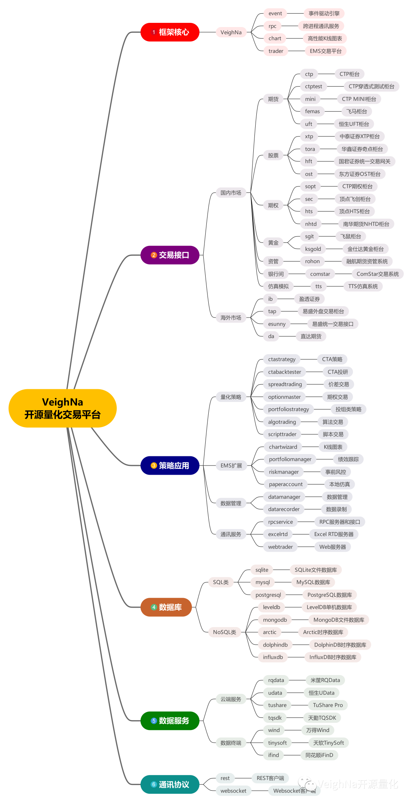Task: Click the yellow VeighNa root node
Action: pyautogui.click(x=62, y=408)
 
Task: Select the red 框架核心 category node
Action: pyautogui.click(x=170, y=32)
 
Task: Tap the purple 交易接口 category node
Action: pyautogui.click(x=170, y=255)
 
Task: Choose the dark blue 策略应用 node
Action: pyautogui.click(x=170, y=465)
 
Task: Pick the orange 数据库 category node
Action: pyautogui.click(x=166, y=607)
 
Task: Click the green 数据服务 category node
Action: pyautogui.click(x=170, y=721)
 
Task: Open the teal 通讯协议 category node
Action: pyautogui.click(x=170, y=785)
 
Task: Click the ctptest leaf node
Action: pyautogui.click(x=314, y=87)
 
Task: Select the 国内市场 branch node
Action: pyautogui.click(x=231, y=193)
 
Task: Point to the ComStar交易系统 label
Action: pyautogui.click(x=377, y=274)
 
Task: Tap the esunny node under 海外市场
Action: pyautogui.click(x=277, y=324)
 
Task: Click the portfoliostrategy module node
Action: pyautogui.click(x=288, y=409)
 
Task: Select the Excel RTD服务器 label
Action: pyautogui.click(x=333, y=534)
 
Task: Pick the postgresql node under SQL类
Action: pyautogui.click(x=268, y=595)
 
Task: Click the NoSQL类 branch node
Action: pyautogui.click(x=224, y=632)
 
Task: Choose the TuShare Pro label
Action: pyautogui.click(x=328, y=705)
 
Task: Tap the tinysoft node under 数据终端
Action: pyautogui.click(x=277, y=743)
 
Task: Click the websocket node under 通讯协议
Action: pyautogui.click(x=233, y=791)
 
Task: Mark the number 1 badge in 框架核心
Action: pyautogui.click(x=154, y=32)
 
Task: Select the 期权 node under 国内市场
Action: pyautogui.click(x=273, y=205)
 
